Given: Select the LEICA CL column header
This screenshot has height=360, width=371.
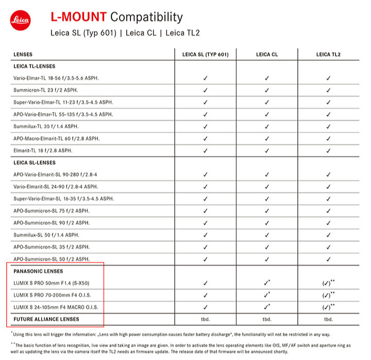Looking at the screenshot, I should point(266,54).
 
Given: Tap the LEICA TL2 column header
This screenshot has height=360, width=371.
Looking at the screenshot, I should point(328,54).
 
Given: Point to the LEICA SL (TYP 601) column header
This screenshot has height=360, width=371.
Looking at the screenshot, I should point(205,54).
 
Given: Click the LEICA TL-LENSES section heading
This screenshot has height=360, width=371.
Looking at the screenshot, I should point(34,66).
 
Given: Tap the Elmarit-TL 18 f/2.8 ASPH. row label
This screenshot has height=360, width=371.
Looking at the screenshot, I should point(43,151).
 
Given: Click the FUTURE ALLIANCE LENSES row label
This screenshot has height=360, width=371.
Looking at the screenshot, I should point(46,319).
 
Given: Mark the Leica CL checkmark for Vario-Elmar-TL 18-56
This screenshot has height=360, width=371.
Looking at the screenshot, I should point(266,78).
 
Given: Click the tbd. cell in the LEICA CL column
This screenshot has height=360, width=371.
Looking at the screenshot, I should point(266,320).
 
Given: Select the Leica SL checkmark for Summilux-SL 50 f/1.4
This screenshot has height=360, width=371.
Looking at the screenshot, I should point(205,235).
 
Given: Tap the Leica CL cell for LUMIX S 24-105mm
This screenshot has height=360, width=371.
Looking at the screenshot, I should point(267,307).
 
